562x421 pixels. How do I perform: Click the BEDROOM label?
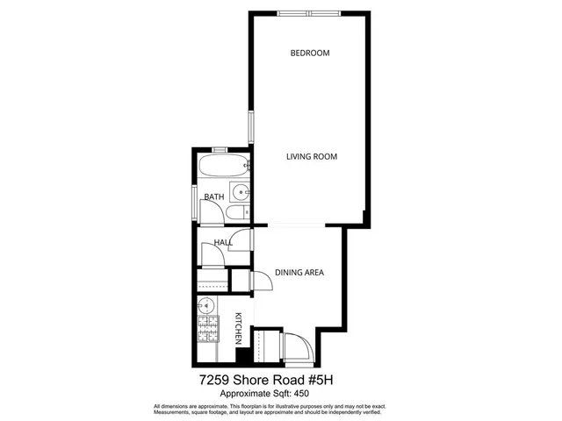tap(310, 54)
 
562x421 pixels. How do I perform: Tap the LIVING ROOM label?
tap(312, 157)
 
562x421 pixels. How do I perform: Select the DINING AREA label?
tap(299, 273)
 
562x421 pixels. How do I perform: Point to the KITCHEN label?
tap(238, 329)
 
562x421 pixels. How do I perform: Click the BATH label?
tap(214, 197)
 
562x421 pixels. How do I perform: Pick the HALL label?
tap(223, 243)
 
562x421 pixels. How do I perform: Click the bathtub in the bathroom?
tap(223, 166)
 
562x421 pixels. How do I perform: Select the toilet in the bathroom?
tap(235, 213)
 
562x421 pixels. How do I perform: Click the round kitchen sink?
tap(205, 305)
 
